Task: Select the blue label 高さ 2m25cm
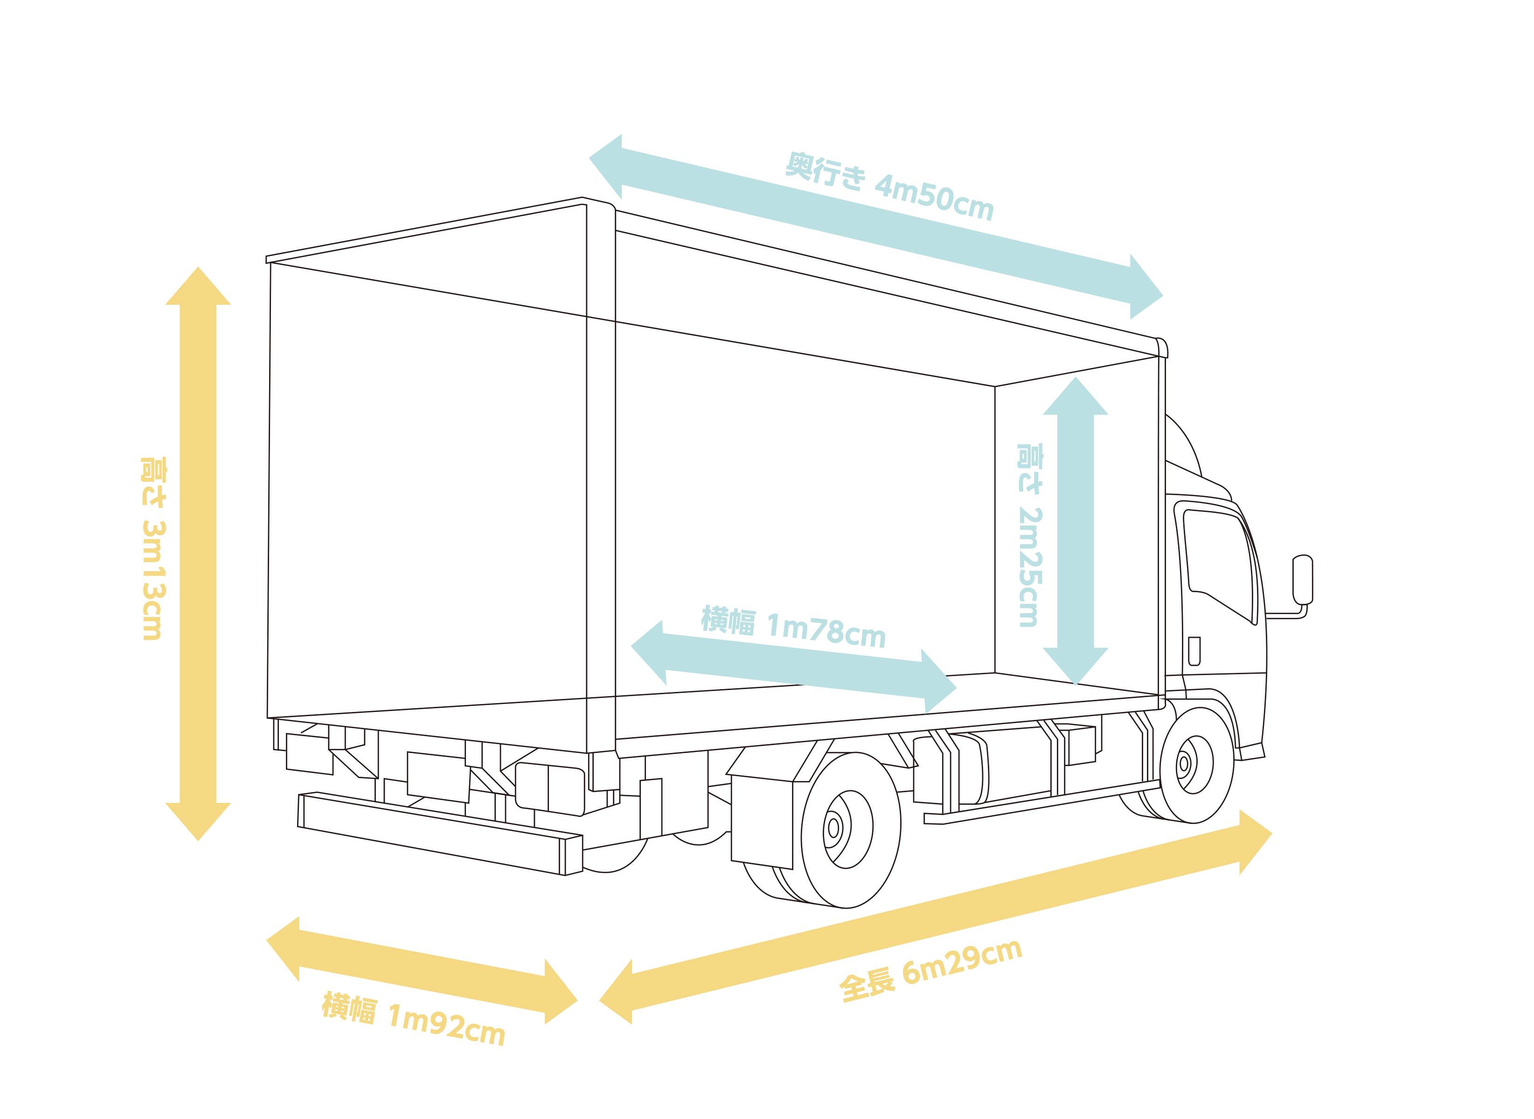tap(1029, 535)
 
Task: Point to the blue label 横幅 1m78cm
tap(793, 627)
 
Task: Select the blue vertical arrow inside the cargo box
tap(1075, 531)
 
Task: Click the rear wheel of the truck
tap(850, 830)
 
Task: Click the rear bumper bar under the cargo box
tap(434, 833)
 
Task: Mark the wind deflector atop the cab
tap(1182, 450)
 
